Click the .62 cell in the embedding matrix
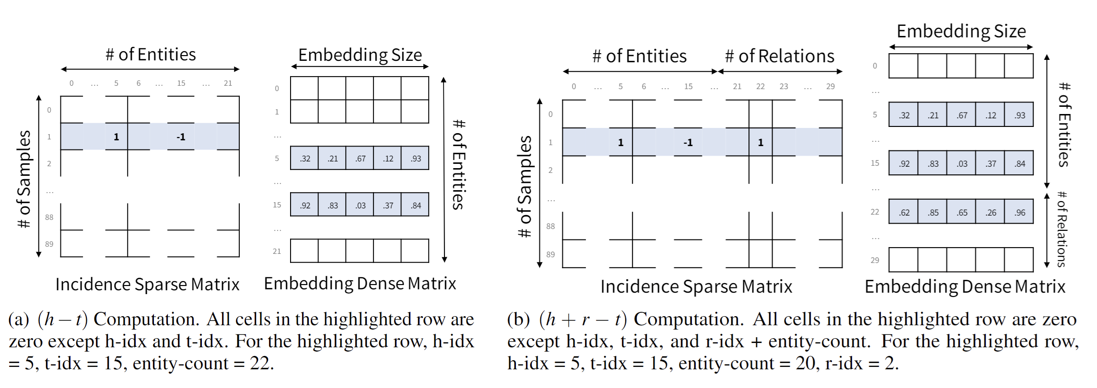click(x=904, y=212)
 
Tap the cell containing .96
click(x=1019, y=212)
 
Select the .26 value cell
click(x=991, y=212)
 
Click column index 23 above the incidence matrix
click(x=784, y=86)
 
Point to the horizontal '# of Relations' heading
click(x=780, y=57)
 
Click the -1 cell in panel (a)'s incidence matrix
click(x=181, y=137)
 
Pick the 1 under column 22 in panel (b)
click(x=760, y=142)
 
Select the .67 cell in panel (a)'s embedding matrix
click(x=360, y=158)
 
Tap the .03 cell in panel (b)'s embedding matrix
click(x=962, y=163)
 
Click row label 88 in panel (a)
click(x=49, y=217)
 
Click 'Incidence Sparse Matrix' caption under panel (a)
click(x=147, y=285)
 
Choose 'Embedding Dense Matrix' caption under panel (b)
click(x=965, y=286)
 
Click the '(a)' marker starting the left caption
click(x=19, y=320)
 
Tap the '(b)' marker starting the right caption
click(x=518, y=320)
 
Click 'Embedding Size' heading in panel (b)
click(x=961, y=32)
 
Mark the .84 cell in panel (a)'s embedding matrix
click(x=416, y=205)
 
